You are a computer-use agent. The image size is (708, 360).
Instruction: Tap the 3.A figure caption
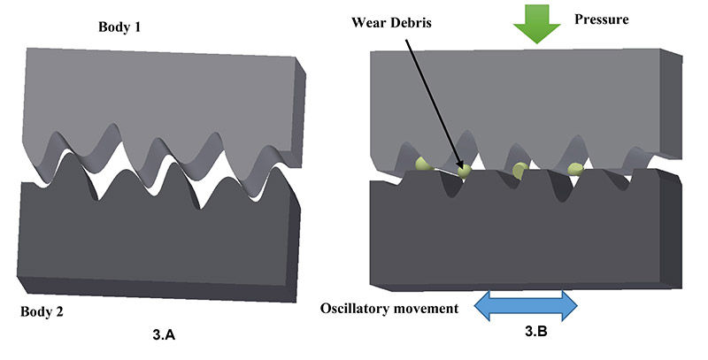click(x=168, y=335)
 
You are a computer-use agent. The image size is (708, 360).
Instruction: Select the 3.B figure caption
click(x=529, y=335)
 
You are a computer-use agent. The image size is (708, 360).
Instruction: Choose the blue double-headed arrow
click(x=527, y=306)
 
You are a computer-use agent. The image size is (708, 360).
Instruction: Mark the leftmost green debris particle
click(x=424, y=163)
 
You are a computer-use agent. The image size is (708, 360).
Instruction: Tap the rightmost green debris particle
click(x=575, y=168)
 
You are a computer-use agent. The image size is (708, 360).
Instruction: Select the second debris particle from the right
click(x=520, y=170)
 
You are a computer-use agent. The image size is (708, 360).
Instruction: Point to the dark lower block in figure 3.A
click(x=150, y=248)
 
